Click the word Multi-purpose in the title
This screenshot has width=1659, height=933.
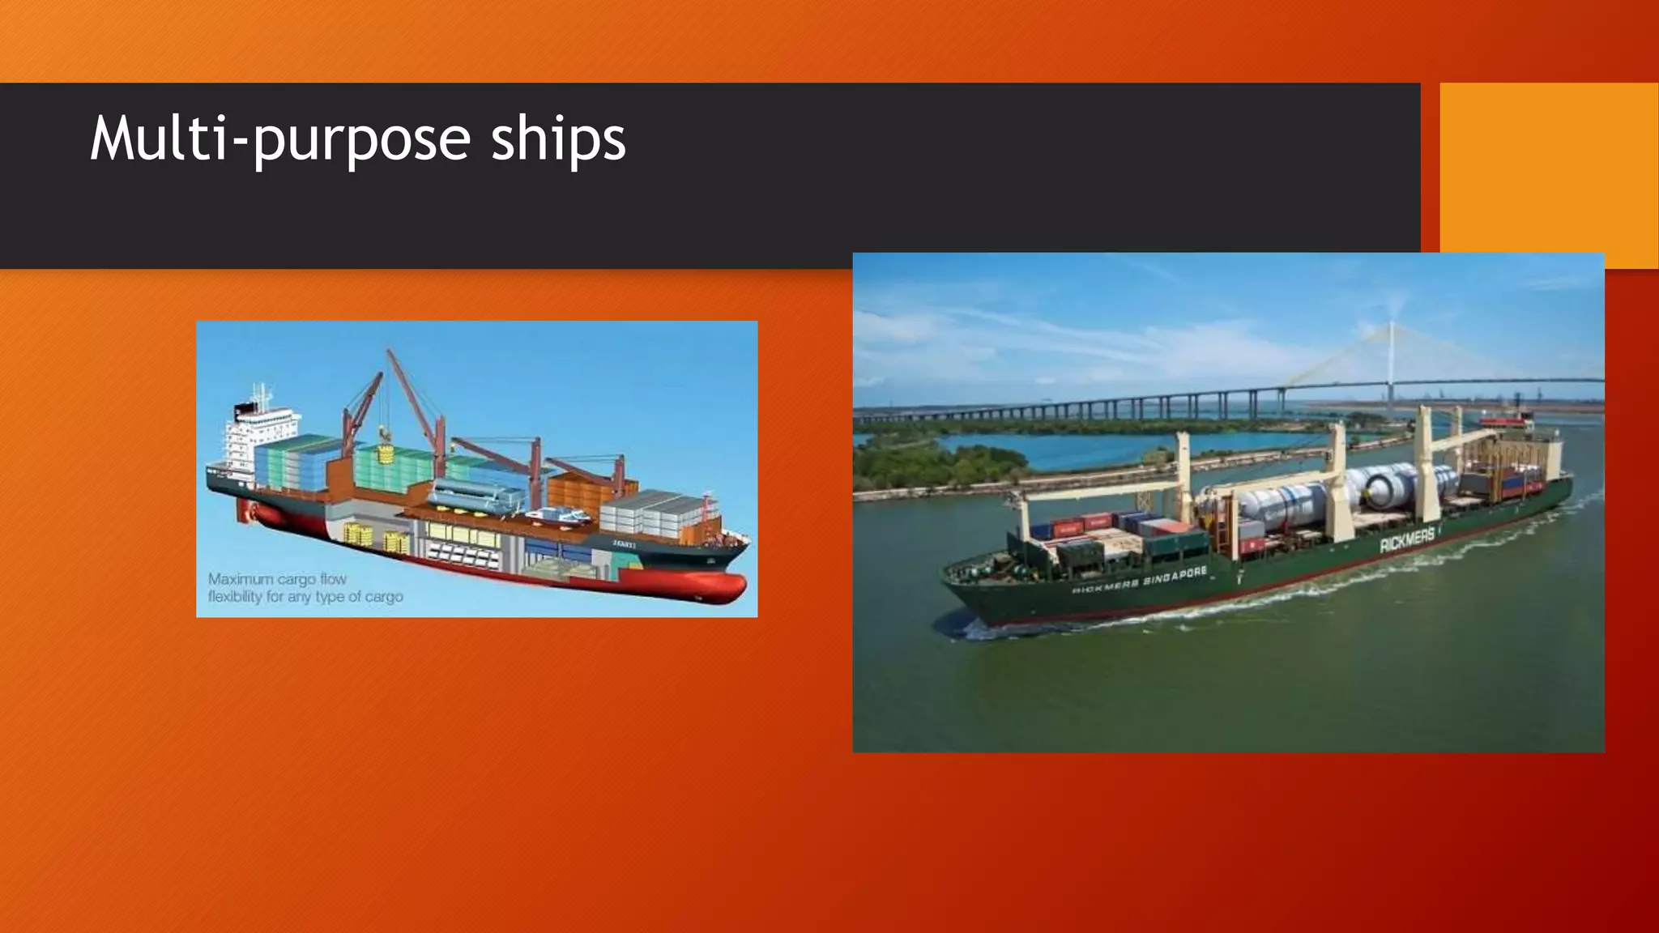pyautogui.click(x=279, y=139)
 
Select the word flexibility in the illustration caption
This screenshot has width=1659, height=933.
pyautogui.click(x=235, y=597)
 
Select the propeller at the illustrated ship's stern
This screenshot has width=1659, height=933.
pyautogui.click(x=245, y=511)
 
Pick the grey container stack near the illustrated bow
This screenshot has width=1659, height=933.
pyautogui.click(x=648, y=512)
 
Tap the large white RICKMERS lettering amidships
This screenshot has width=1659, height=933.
pyautogui.click(x=1408, y=538)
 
